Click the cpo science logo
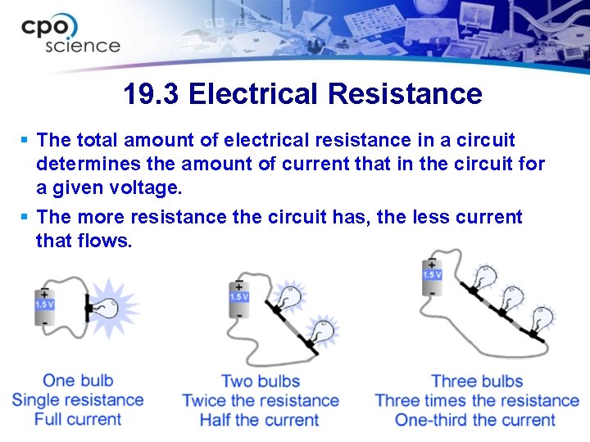pos(70,34)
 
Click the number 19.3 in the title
pos(151,93)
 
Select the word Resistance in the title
pos(405,93)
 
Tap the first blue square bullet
pos(25,140)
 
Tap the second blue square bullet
pos(25,217)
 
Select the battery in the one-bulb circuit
pos(45,307)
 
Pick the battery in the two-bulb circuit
pos(239,299)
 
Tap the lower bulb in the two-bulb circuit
pos(323,331)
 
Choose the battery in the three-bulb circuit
pos(432,277)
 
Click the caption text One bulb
pos(78,381)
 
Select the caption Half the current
pos(259,420)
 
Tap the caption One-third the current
pos(474,420)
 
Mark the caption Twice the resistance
pos(261,400)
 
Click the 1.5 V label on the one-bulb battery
pos(45,304)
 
